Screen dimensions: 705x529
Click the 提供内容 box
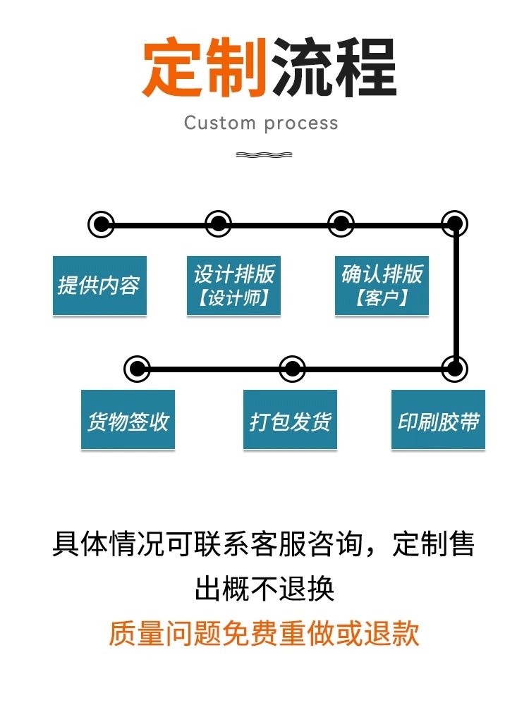99,286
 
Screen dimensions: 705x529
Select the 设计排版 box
233,286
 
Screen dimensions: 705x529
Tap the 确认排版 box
382,286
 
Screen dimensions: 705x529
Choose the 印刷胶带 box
438,420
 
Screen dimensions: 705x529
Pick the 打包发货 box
290,420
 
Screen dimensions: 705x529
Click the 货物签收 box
128,420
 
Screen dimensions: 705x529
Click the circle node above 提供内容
102,225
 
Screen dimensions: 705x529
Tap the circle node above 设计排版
219,225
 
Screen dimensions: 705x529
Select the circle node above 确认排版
341,225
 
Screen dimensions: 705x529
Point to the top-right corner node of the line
455,225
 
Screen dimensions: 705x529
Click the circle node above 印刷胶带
455,368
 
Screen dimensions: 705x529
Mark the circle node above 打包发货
293,368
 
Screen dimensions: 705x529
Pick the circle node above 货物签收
137,368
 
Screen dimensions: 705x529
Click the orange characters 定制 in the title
204,68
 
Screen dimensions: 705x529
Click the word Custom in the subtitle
219,123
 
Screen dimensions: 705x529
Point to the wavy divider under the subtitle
264,154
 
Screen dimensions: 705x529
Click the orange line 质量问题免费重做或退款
264,632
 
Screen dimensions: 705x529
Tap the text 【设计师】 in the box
233,298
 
